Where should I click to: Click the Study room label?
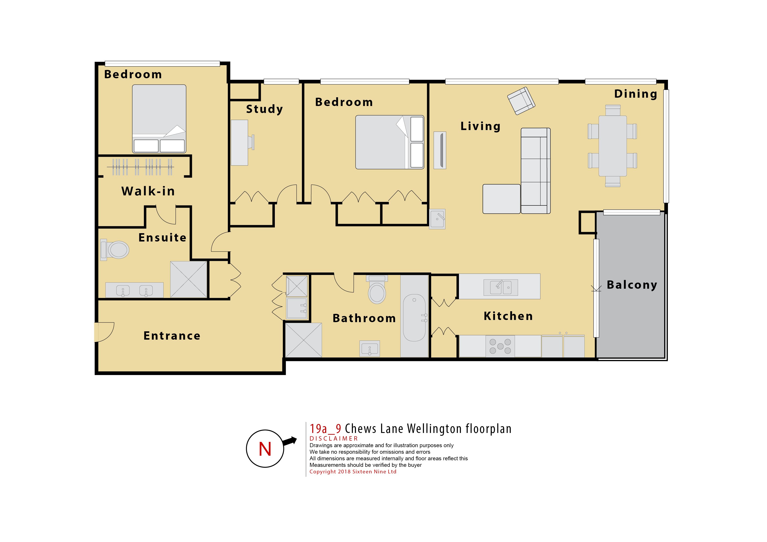pos(264,109)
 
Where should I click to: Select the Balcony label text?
pos(632,285)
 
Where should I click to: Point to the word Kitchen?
pos(508,316)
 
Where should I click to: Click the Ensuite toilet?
pos(115,249)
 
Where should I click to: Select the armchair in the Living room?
pos(521,101)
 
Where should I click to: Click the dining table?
pos(612,146)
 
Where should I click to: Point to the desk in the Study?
pos(239,142)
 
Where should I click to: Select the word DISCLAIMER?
pos(333,438)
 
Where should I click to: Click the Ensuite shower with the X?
pos(189,279)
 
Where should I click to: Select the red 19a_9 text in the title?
pos(325,429)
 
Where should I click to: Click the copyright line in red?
pos(353,472)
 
